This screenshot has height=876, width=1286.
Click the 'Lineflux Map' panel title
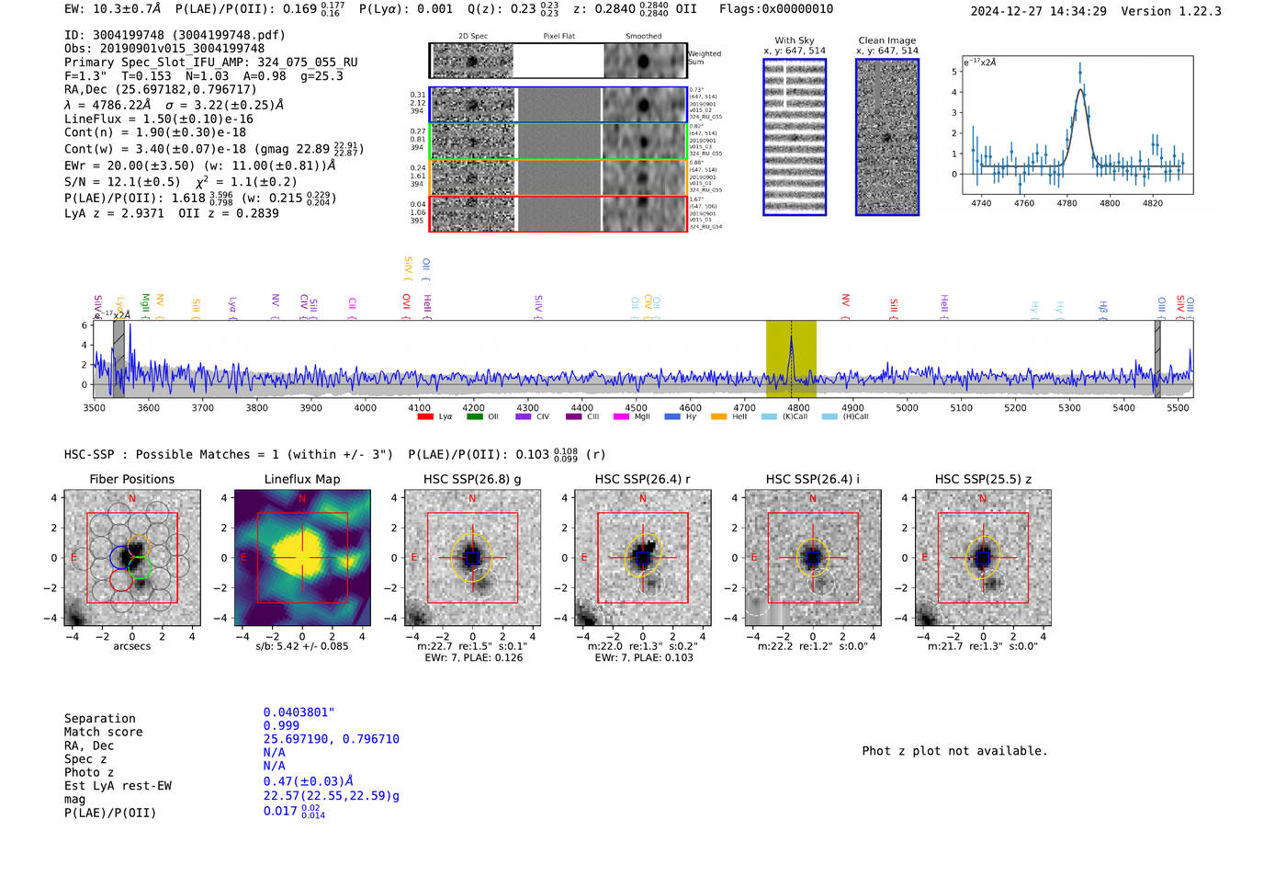(x=301, y=479)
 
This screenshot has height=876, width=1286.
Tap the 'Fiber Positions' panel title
(x=131, y=479)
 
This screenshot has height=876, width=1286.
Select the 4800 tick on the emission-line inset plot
(x=1110, y=203)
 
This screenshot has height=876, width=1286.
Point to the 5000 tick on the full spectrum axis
(x=907, y=408)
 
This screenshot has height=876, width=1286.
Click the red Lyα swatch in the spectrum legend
(x=425, y=416)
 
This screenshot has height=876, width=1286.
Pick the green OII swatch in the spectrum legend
(x=474, y=416)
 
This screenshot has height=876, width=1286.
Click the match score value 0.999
(x=281, y=726)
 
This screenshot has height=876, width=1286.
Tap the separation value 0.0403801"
(x=299, y=712)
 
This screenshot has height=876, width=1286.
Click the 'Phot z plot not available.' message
(x=954, y=751)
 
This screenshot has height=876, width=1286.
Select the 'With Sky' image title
(x=794, y=40)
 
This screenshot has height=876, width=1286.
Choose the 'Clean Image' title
(x=886, y=40)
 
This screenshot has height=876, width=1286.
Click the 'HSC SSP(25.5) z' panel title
(x=983, y=479)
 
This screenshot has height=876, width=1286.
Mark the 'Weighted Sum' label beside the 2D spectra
(x=705, y=57)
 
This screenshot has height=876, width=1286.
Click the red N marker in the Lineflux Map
(x=301, y=499)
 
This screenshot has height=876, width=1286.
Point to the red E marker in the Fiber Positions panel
(x=74, y=557)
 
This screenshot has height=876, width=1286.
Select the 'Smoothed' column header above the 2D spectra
(x=643, y=37)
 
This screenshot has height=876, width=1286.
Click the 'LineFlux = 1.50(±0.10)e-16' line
(x=158, y=119)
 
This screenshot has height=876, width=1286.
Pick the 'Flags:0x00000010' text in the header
(x=776, y=9)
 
